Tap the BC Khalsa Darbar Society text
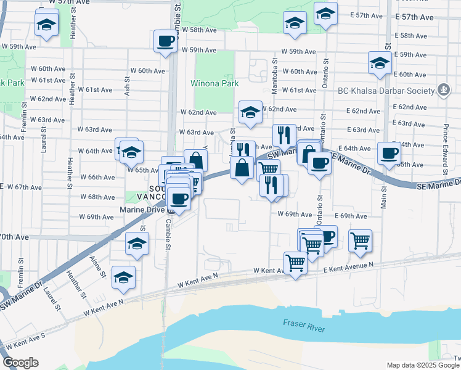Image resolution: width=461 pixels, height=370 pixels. pos(383,91)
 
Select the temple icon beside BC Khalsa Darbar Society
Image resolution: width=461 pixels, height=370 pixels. pos(443,91)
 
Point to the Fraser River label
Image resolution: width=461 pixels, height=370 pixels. pos(304,326)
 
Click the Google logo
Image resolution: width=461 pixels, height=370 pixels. pos(20,363)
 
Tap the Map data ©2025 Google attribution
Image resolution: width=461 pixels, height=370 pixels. pos(423,365)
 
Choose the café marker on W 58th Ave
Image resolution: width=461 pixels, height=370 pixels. pos(165,41)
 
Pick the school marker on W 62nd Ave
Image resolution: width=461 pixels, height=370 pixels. pos(250,112)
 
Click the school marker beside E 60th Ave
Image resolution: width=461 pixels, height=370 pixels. pos(380,63)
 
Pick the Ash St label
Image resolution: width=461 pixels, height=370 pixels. pos(128,85)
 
